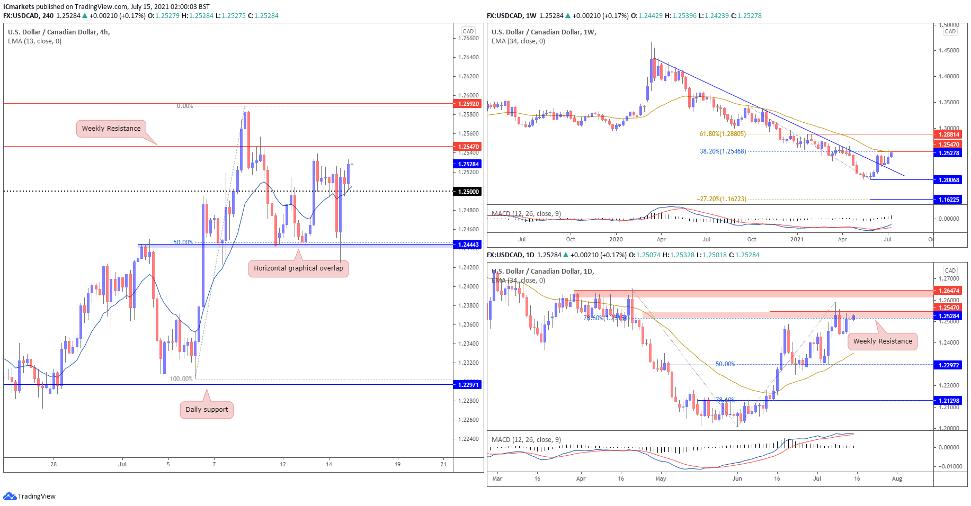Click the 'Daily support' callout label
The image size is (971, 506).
click(207, 410)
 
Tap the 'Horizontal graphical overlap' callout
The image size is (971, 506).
click(298, 268)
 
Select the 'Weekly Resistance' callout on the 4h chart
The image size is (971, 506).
click(111, 129)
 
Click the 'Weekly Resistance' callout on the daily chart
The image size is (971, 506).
click(883, 341)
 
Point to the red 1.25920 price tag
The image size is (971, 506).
click(468, 104)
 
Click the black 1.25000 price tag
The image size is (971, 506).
click(468, 192)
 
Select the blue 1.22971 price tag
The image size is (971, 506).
click(468, 385)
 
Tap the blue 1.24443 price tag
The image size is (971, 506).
click(468, 245)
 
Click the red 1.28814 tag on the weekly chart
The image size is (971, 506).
click(948, 135)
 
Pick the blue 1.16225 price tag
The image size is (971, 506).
click(948, 200)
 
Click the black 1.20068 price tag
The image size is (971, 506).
click(948, 180)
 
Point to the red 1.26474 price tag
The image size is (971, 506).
click(948, 291)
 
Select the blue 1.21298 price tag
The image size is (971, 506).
click(948, 401)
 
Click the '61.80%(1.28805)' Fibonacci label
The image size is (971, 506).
click(723, 134)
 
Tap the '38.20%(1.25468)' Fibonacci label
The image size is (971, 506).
click(723, 151)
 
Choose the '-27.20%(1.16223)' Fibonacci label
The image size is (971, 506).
click(721, 199)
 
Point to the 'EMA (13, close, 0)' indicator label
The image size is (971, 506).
click(35, 41)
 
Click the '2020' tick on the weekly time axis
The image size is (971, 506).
click(616, 239)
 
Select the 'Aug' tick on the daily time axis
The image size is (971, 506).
click(897, 478)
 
